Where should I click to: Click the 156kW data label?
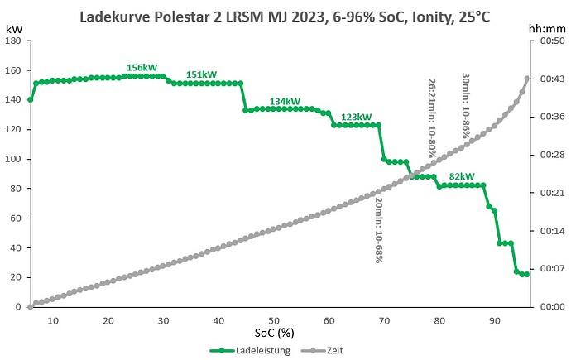click(x=142, y=68)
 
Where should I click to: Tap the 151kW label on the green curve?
click(x=201, y=74)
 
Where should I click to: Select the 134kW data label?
click(x=285, y=102)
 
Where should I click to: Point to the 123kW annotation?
click(x=357, y=117)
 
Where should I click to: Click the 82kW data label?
click(x=462, y=176)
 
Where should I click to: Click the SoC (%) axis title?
click(x=274, y=333)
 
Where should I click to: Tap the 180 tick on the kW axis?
click(x=13, y=41)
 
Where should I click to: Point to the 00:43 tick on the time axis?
click(x=553, y=79)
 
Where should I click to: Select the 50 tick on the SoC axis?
click(x=274, y=320)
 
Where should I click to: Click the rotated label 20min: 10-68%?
click(x=379, y=230)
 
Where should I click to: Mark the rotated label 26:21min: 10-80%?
click(x=432, y=118)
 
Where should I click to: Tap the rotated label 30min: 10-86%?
click(x=466, y=106)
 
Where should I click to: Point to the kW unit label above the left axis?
click(x=14, y=29)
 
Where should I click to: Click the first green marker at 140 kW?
click(x=31, y=100)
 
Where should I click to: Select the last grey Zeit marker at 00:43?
click(x=526, y=79)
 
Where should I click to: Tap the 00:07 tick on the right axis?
click(x=553, y=269)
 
